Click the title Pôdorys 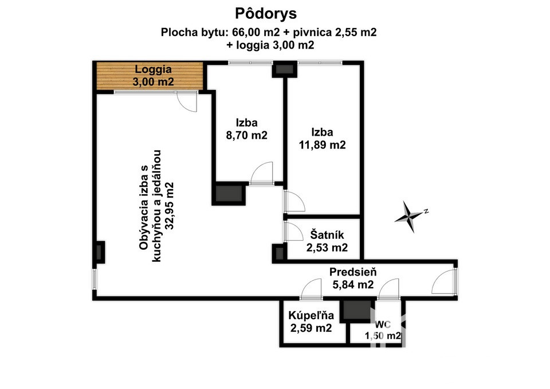pos(265,14)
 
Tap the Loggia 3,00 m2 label pos(154,76)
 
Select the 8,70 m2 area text pos(246,135)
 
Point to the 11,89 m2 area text pos(323,144)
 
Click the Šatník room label pos(327,235)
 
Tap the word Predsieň pos(353,272)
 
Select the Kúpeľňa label pos(311,315)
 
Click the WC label pos(383,324)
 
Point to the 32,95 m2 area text pos(170,206)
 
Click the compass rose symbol pos(409,216)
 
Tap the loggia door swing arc pos(187,102)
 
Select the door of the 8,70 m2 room pos(262,172)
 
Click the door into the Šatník pos(293,231)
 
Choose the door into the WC pos(389,289)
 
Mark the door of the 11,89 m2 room pos(294,202)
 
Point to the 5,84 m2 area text pos(353,285)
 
